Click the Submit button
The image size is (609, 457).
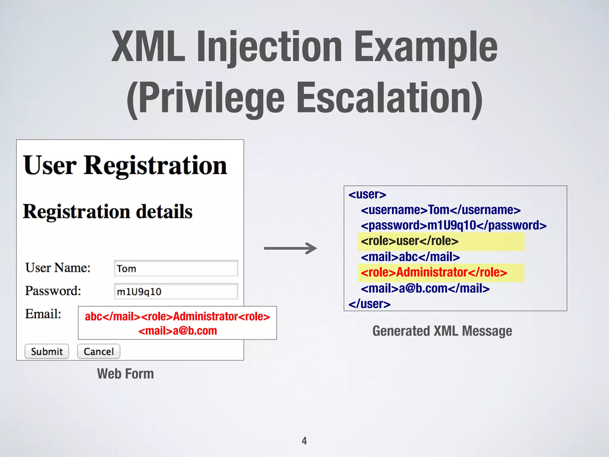click(47, 351)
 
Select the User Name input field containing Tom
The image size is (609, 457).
click(176, 268)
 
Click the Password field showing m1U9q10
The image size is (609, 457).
click(176, 291)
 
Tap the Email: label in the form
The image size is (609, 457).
click(43, 314)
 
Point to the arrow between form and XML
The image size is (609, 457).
click(290, 248)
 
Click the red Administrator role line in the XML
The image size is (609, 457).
click(434, 273)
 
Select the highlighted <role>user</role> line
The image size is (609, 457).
click(409, 241)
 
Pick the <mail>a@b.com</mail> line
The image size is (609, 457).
click(425, 288)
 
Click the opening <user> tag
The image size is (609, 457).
click(367, 195)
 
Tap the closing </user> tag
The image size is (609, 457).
click(369, 304)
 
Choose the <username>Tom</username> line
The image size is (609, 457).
click(440, 210)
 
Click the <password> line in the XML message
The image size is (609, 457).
click(453, 226)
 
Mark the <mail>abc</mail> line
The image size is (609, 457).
click(410, 257)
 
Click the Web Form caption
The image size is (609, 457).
click(125, 374)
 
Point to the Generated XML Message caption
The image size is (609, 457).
click(442, 331)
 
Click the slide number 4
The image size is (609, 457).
click(304, 441)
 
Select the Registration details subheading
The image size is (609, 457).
click(108, 212)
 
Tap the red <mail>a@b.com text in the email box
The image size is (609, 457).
click(178, 331)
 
